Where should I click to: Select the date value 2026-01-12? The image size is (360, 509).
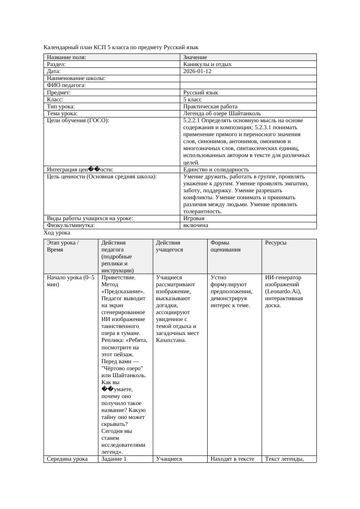197,71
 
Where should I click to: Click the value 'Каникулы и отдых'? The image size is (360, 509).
207,64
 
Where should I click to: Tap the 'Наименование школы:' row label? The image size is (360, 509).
76,78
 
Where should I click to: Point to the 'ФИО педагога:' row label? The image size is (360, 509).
66,85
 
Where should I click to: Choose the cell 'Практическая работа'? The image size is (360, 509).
210,106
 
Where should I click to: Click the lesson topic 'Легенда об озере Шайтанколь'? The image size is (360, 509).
222,113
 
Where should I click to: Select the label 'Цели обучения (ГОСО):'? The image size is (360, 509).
78,120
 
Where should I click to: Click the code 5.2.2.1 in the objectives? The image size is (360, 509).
193,120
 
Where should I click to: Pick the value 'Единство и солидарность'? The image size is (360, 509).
216,169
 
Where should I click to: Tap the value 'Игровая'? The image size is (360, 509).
194,218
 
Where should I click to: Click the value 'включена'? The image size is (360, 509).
195,225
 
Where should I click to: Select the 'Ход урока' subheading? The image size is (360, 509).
57,233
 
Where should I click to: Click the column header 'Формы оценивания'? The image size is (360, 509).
225,246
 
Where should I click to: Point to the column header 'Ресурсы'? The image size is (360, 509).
276,243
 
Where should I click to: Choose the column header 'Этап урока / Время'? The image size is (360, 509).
63,246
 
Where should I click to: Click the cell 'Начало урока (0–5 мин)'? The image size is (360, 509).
70,281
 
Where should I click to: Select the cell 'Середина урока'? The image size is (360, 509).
67,459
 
